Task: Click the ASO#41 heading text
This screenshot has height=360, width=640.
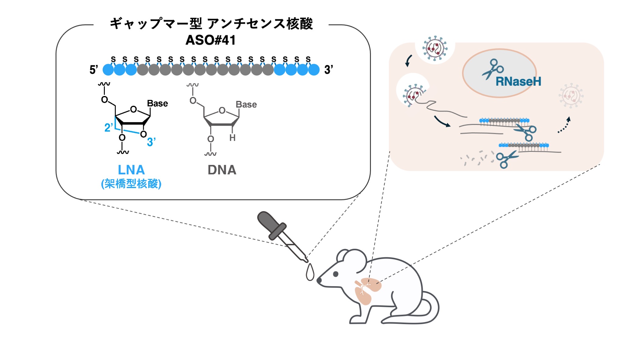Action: pos(211,40)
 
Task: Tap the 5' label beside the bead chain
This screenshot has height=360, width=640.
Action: pos(94,70)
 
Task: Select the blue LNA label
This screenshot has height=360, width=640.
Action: pos(131,170)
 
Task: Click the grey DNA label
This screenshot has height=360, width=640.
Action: pos(222,170)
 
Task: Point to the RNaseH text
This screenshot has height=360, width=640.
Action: pos(518,82)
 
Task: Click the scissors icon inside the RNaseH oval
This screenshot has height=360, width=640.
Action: pos(492,69)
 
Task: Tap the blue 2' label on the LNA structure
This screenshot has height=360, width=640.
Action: pos(108,127)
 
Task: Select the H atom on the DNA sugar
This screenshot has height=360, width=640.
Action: pos(233,138)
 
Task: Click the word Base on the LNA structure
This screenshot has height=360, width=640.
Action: pos(157,104)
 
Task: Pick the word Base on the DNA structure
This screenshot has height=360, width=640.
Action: pos(246,105)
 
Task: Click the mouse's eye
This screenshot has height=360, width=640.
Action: pos(336,274)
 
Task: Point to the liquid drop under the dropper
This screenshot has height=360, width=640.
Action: pos(310,273)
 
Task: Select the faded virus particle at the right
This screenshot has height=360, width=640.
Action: pos(571,96)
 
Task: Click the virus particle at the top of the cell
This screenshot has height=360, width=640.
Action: pos(435,48)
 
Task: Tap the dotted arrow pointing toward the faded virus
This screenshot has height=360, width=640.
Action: pos(564,125)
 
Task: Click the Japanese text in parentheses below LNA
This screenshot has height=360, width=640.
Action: pos(131,184)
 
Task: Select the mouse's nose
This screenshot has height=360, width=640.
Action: pos(319,280)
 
